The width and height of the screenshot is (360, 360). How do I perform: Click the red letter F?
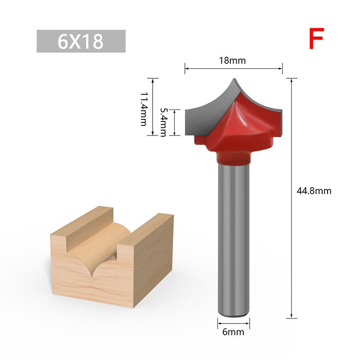point(316,38)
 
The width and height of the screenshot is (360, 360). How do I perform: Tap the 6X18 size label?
point(81,41)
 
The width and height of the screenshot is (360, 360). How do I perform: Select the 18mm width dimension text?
point(232,61)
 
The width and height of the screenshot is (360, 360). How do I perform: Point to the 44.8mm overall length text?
point(314,191)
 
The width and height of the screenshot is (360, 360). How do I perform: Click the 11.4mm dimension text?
point(144,109)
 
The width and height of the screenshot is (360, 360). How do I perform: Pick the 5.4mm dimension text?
point(163,122)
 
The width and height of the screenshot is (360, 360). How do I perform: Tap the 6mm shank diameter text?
point(233,332)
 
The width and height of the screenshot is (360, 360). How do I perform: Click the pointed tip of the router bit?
point(234,79)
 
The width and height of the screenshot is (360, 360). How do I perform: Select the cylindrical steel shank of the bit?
point(233,239)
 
